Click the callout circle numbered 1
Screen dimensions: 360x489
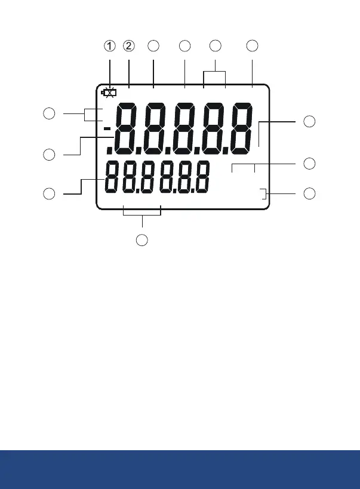coord(110,47)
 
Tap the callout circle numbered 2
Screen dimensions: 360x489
coord(129,47)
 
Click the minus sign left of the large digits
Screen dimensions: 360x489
coord(107,129)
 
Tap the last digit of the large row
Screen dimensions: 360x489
coord(235,128)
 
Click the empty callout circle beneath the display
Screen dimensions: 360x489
coord(142,241)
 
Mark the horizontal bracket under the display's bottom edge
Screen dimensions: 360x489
coord(142,211)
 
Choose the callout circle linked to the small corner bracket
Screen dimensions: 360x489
coord(309,193)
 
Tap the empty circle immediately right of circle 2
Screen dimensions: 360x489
coord(154,47)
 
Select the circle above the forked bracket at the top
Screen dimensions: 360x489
coord(216,47)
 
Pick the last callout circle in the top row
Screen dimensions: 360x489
coord(253,47)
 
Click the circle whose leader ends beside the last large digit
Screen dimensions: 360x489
coord(309,122)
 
